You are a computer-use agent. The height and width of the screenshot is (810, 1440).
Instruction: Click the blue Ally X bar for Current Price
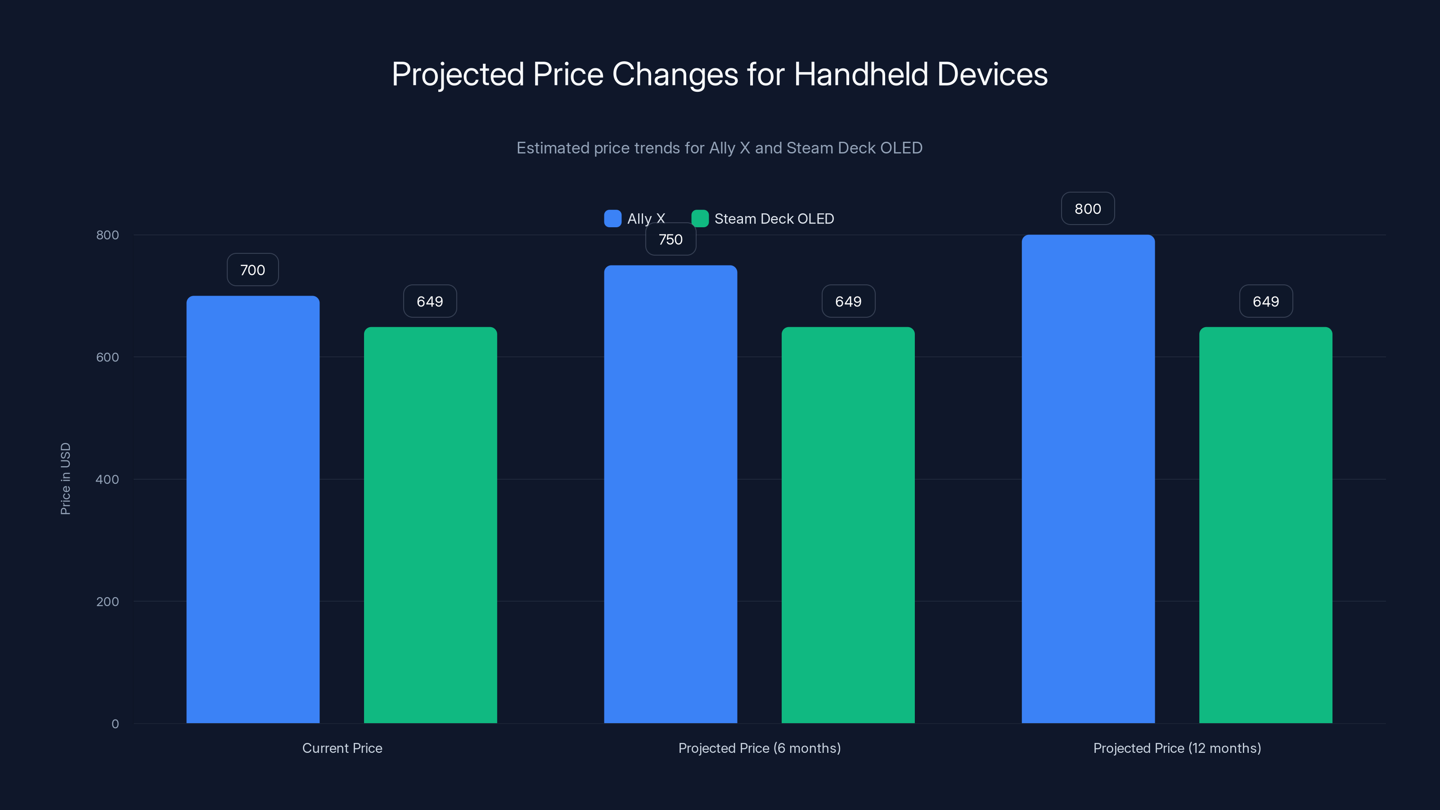pyautogui.click(x=252, y=508)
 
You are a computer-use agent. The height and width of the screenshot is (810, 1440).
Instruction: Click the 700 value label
pyautogui.click(x=252, y=270)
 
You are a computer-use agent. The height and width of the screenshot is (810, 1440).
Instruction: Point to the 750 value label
pyautogui.click(x=670, y=240)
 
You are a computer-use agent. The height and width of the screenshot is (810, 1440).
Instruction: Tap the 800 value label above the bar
pyautogui.click(x=1088, y=208)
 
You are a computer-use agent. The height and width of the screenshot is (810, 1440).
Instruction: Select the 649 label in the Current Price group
pyautogui.click(x=430, y=301)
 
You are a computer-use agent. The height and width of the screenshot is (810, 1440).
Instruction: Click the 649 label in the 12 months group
pyautogui.click(x=1265, y=301)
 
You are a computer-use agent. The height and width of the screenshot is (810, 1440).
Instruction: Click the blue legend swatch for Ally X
pyautogui.click(x=612, y=219)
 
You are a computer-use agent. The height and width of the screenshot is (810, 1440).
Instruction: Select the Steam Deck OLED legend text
pyautogui.click(x=774, y=219)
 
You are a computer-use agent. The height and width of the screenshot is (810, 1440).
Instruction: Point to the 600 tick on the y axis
pyautogui.click(x=108, y=357)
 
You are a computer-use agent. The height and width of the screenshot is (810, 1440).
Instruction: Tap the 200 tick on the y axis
pyautogui.click(x=108, y=602)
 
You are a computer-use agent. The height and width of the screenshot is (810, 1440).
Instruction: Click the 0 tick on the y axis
pyautogui.click(x=115, y=724)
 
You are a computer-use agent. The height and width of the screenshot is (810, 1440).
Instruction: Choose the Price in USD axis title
pyautogui.click(x=65, y=478)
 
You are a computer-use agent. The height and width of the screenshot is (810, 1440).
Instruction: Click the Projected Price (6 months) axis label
pyautogui.click(x=759, y=748)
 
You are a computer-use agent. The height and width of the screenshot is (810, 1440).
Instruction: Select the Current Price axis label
pyautogui.click(x=342, y=748)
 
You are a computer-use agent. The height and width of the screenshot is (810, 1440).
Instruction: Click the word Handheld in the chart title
pyautogui.click(x=861, y=74)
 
